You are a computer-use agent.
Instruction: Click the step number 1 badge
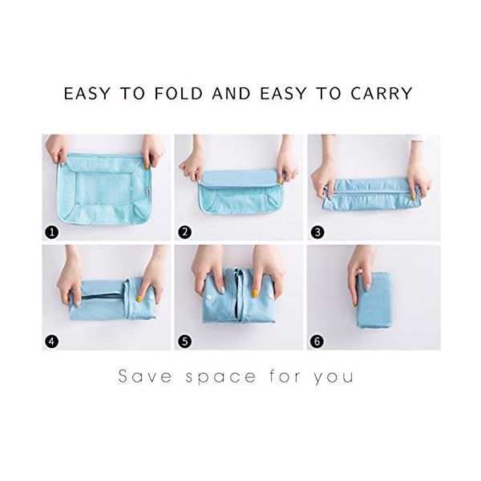[x=52, y=232]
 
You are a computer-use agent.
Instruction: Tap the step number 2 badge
[x=184, y=232]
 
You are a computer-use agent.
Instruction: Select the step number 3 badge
[x=317, y=232]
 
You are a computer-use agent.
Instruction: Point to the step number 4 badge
[x=52, y=342]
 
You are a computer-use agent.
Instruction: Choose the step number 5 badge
[x=184, y=342]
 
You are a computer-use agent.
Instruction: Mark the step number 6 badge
[x=317, y=342]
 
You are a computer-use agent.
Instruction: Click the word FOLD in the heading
[x=179, y=93]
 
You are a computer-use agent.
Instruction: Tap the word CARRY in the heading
[x=382, y=93]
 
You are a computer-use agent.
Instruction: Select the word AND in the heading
[x=232, y=93]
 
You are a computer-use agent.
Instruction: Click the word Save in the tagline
[x=145, y=376]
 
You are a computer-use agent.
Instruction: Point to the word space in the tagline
[x=220, y=378]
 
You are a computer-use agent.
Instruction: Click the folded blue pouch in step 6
[x=374, y=301]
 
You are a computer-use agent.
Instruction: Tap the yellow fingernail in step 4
[x=139, y=298]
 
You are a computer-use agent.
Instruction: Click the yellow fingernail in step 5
[x=254, y=294]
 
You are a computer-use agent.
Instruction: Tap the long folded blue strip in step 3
[x=369, y=194]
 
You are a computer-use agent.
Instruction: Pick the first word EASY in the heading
[x=87, y=93]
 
